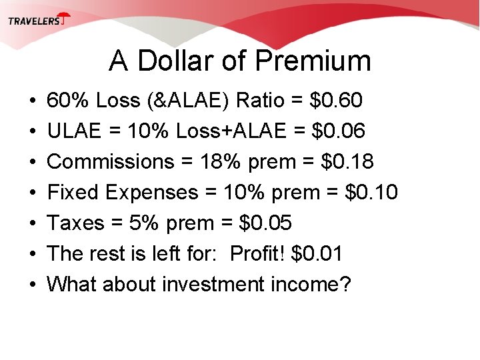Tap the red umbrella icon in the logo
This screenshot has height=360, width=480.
click(64, 19)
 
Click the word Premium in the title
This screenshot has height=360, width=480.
click(313, 61)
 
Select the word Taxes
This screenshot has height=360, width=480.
click(75, 223)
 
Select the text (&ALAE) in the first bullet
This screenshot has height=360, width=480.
click(183, 101)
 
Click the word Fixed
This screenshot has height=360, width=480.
click(75, 193)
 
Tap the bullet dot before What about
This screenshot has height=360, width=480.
click(33, 285)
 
